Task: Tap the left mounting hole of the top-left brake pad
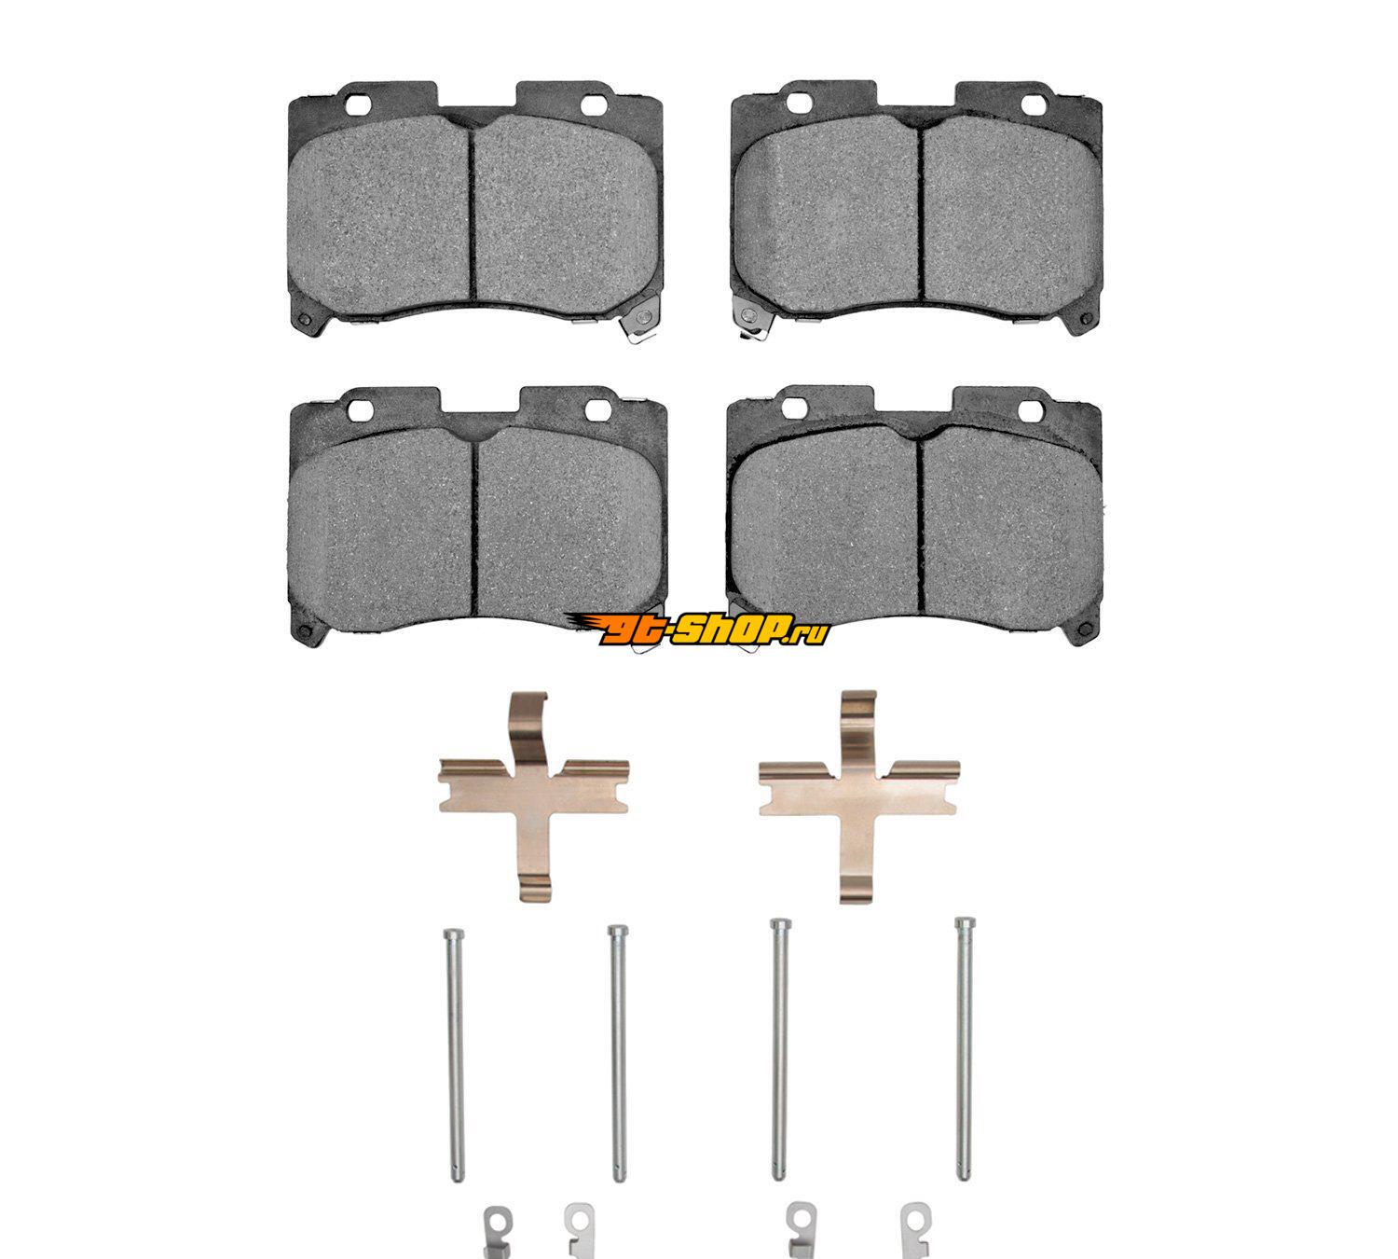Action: point(358,104)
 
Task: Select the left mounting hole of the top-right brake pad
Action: point(799,104)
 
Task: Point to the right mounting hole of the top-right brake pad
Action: point(1034,104)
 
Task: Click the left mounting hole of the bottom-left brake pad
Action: point(360,408)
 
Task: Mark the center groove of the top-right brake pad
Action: point(923,207)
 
